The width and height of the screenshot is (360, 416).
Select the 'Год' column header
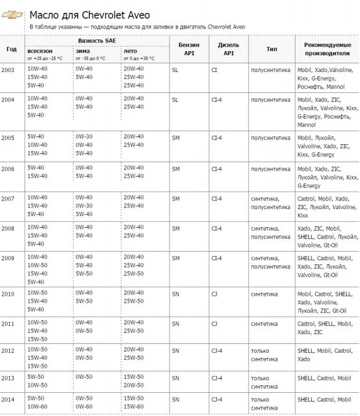[x=12, y=49]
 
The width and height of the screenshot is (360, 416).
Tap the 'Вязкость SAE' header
[x=97, y=41]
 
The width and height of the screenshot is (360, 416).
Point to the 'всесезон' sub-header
[x=40, y=51]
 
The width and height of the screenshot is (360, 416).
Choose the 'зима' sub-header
[x=82, y=51]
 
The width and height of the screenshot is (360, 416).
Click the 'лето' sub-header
[x=130, y=51]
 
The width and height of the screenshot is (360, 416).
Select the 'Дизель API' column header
[x=228, y=49]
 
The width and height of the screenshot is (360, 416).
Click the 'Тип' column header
[x=272, y=49]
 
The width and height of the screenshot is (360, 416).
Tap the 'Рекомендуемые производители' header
[x=327, y=49]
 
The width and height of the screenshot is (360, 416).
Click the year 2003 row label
[x=8, y=69]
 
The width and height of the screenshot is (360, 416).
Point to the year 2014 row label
[x=8, y=399]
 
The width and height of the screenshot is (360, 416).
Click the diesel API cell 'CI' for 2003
[x=214, y=69]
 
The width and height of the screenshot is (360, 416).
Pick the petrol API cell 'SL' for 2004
[x=175, y=99]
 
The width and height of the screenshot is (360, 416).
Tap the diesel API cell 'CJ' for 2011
[x=215, y=323]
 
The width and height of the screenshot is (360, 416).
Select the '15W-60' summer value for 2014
[x=134, y=407]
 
